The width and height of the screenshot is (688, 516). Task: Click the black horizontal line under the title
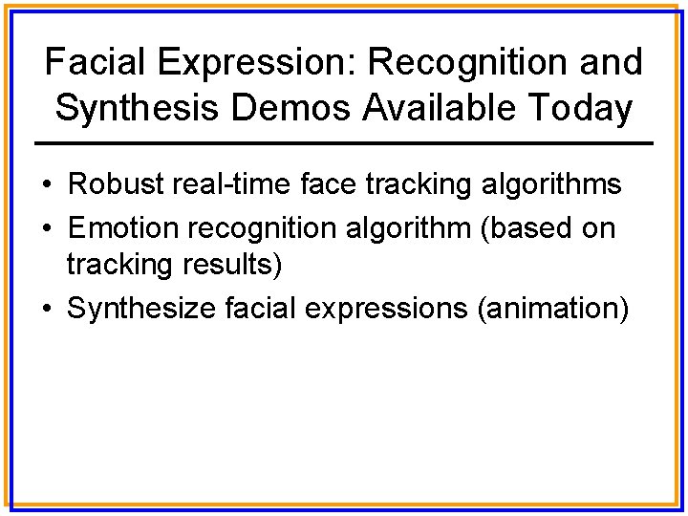(344, 143)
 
